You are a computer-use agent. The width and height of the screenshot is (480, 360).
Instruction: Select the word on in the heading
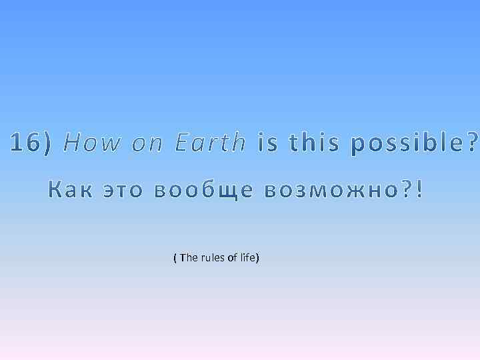(x=147, y=143)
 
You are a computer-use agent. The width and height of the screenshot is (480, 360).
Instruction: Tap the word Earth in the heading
(x=210, y=142)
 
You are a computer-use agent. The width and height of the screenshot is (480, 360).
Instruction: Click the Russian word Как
(x=71, y=190)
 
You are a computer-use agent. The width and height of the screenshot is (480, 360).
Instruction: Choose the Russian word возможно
(x=323, y=190)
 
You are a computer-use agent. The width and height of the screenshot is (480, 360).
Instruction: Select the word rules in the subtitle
(x=213, y=257)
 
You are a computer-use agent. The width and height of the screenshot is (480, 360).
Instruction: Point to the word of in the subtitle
(x=233, y=257)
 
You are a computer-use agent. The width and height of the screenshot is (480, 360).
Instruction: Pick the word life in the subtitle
(x=247, y=257)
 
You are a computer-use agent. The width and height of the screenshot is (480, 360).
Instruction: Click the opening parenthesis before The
(x=175, y=257)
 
